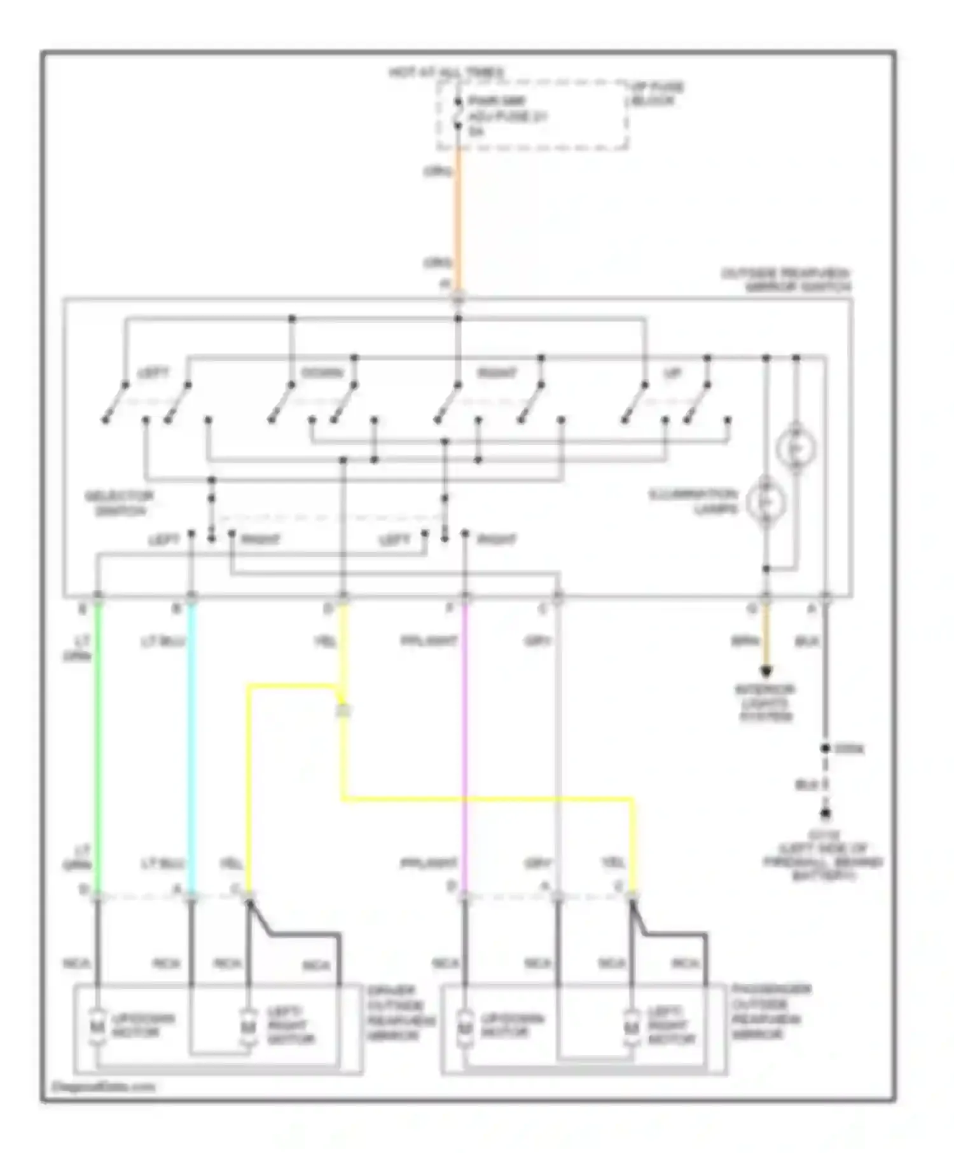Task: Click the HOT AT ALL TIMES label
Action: point(446,72)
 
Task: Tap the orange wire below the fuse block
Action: point(458,216)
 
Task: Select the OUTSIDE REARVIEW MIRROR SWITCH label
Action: point(786,280)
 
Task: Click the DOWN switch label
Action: point(322,372)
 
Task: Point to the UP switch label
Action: point(672,372)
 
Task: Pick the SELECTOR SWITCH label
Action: point(120,503)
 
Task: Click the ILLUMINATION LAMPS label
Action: point(693,501)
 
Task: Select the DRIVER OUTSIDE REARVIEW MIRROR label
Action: point(400,1013)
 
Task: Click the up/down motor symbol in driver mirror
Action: point(98,1025)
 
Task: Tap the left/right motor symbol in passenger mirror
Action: point(632,1025)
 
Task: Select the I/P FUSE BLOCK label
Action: point(656,93)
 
